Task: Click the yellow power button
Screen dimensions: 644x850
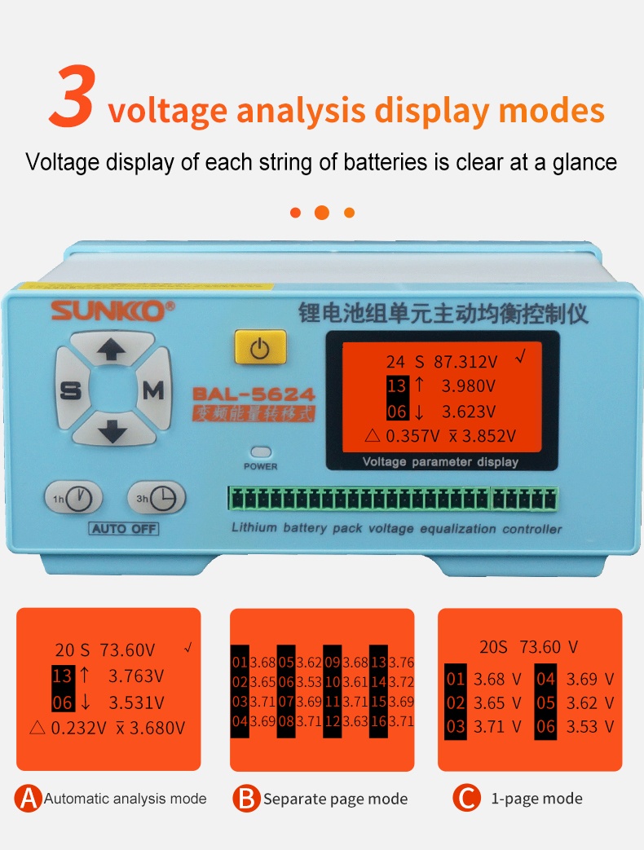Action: point(260,347)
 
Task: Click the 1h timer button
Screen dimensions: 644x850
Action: point(73,497)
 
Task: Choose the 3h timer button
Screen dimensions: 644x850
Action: point(157,497)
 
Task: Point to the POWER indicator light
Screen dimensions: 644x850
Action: point(261,451)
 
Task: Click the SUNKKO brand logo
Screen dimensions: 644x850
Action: point(112,310)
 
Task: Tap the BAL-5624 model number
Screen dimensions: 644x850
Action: point(254,394)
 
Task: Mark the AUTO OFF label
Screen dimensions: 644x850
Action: point(124,529)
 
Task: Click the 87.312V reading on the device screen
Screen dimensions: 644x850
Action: point(465,362)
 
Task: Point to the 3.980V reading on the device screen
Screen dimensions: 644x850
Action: point(469,386)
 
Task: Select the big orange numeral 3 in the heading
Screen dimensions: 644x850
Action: point(73,96)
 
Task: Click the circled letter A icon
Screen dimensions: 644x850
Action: point(29,798)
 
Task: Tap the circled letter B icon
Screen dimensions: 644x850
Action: point(247,798)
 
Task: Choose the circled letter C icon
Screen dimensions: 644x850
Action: point(466,798)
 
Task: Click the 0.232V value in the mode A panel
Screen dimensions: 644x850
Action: point(78,728)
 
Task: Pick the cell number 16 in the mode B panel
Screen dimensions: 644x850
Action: point(379,721)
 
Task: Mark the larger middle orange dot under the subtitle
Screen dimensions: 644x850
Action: point(322,213)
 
